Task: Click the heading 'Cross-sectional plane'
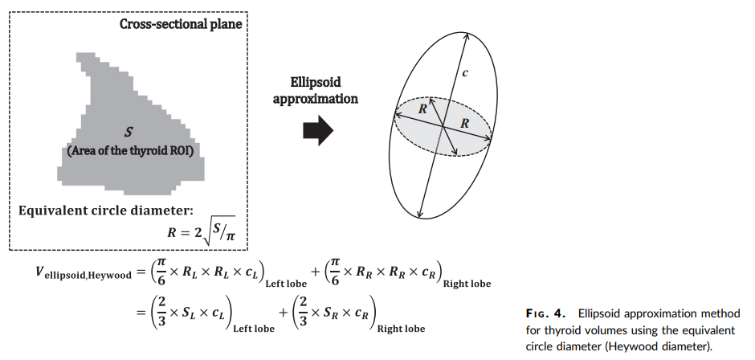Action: (x=181, y=24)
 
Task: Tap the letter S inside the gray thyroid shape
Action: (x=128, y=132)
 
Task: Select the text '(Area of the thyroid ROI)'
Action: (x=130, y=151)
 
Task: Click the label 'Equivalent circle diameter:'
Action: (x=105, y=211)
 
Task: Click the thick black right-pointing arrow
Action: (x=318, y=130)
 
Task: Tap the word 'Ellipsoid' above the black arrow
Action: (x=316, y=82)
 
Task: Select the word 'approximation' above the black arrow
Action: (x=316, y=99)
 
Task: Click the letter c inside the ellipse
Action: (x=465, y=73)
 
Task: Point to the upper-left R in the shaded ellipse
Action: (x=422, y=109)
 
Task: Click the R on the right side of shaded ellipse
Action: (x=465, y=124)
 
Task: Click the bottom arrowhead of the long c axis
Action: (x=420, y=213)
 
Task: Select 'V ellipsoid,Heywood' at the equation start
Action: (x=83, y=272)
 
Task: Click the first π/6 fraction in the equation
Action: (x=159, y=271)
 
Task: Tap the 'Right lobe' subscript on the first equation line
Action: (x=467, y=284)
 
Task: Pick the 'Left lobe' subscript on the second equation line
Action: (x=254, y=329)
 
